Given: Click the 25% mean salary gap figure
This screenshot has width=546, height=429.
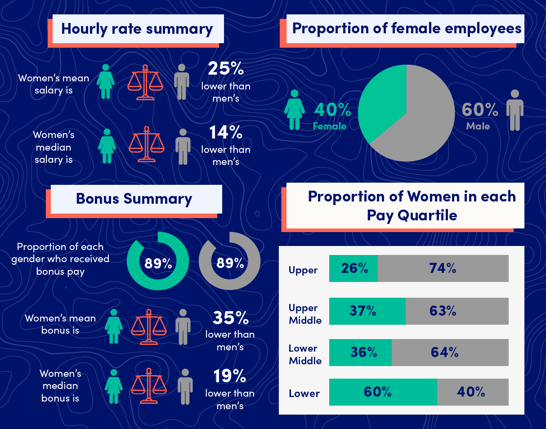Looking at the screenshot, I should (x=226, y=68).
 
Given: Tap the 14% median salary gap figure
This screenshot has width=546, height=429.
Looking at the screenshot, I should (x=226, y=132).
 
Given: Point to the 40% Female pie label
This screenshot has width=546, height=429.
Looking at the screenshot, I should (x=331, y=115).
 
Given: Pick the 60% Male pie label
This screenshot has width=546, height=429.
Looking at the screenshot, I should (x=479, y=115).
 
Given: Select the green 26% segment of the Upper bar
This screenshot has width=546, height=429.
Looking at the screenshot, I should (x=353, y=268).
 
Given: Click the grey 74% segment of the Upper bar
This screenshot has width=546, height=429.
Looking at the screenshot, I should (x=443, y=268).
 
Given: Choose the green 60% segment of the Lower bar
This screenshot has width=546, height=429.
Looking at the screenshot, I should (x=383, y=392).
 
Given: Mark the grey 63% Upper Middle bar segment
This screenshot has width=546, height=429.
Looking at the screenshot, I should (x=457, y=311).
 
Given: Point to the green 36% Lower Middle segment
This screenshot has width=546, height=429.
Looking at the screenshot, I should (x=360, y=352).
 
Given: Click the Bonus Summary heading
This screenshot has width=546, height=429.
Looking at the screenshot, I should (x=134, y=199).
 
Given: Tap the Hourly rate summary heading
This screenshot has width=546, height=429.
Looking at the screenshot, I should (x=137, y=29).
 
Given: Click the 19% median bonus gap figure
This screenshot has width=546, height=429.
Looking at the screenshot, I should (x=230, y=376).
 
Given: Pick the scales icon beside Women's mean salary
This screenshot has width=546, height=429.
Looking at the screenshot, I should (x=145, y=81).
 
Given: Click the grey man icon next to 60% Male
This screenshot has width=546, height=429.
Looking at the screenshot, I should (x=515, y=110).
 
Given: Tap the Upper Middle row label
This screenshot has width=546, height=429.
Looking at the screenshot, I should (x=305, y=314).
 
